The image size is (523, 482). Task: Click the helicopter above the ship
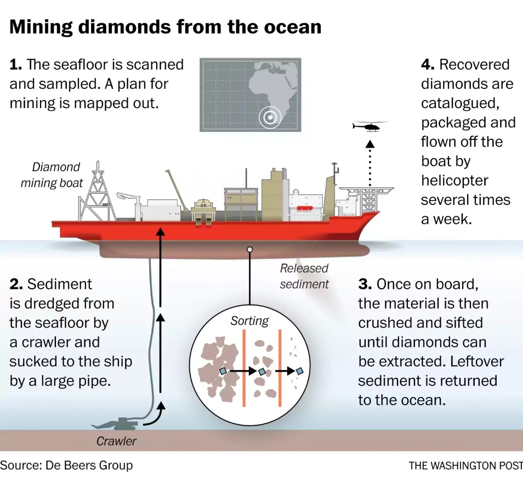pyautogui.click(x=368, y=126)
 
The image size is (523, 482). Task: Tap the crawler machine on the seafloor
pyautogui.click(x=117, y=424)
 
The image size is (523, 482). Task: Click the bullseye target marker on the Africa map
pyautogui.click(x=270, y=117)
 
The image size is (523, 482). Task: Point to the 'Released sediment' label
pyautogui.click(x=304, y=276)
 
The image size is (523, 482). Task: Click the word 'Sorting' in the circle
pyautogui.click(x=249, y=321)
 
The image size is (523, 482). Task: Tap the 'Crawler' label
pyautogui.click(x=116, y=441)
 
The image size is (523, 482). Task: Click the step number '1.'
pyautogui.click(x=16, y=65)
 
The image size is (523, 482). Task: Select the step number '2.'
pyautogui.click(x=16, y=284)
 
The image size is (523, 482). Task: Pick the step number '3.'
pyautogui.click(x=365, y=284)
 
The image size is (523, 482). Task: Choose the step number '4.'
pyautogui.click(x=428, y=65)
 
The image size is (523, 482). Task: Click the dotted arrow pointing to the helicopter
pyautogui.click(x=370, y=165)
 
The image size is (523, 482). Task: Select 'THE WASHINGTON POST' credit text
pyautogui.click(x=465, y=466)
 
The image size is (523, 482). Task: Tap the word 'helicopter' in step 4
pyautogui.click(x=454, y=180)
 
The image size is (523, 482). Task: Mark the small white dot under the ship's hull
pyautogui.click(x=250, y=249)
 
